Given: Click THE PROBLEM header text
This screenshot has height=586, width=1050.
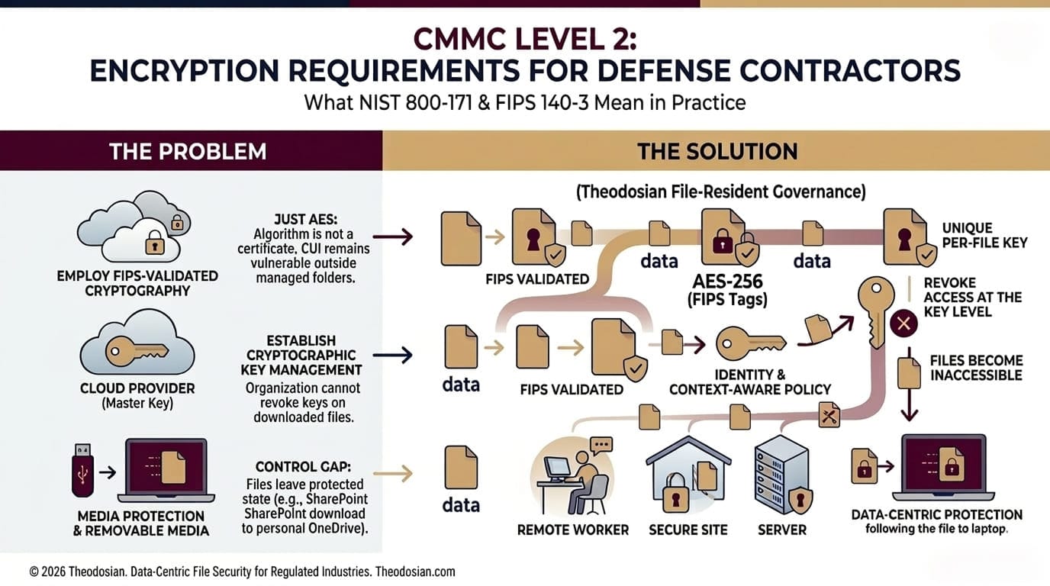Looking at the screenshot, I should (188, 151).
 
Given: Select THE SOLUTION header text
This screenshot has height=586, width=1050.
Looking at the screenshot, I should (717, 151).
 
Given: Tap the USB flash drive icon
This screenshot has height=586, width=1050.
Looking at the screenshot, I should (82, 468).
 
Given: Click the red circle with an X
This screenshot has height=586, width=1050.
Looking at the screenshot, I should (904, 324).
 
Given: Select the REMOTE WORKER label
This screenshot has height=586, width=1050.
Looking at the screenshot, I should (573, 530).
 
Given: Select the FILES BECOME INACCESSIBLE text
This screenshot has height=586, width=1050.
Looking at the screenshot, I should (976, 368).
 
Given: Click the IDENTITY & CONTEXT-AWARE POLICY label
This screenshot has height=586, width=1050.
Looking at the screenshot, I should (749, 382).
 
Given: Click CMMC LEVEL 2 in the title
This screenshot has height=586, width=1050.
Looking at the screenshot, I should (524, 40).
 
